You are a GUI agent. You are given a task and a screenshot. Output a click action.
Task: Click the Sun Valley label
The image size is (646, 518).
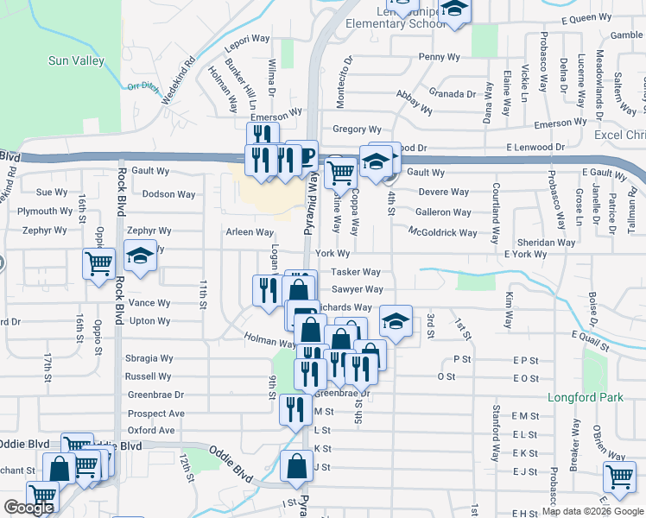coord(76,61)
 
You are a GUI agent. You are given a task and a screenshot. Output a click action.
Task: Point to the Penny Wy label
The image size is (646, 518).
coord(439,57)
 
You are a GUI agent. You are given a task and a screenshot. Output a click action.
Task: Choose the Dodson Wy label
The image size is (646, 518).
coord(168,194)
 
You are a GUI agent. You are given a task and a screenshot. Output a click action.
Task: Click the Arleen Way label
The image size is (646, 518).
coord(250,232)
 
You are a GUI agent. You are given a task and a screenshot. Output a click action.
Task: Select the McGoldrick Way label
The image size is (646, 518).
coord(443,232)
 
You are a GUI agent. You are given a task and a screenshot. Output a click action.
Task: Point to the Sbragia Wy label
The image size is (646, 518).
coord(149,358)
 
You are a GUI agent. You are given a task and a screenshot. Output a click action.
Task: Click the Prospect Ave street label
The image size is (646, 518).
coord(155,414)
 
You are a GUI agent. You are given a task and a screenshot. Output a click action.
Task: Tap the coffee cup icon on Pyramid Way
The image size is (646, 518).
coord(302,155)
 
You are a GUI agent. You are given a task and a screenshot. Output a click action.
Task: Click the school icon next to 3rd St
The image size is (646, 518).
coord(396,321)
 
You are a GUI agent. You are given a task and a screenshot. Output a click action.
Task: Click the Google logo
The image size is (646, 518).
coord(28,508)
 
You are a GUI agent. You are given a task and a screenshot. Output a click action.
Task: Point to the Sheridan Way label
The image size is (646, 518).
coord(546,243)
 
